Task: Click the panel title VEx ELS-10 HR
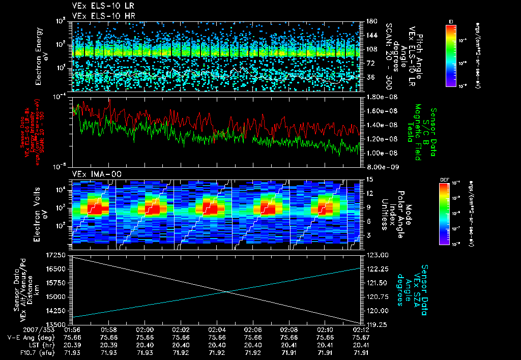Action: tap(100, 16)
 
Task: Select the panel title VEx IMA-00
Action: tap(94, 174)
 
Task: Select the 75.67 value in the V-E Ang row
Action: tap(361, 337)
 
